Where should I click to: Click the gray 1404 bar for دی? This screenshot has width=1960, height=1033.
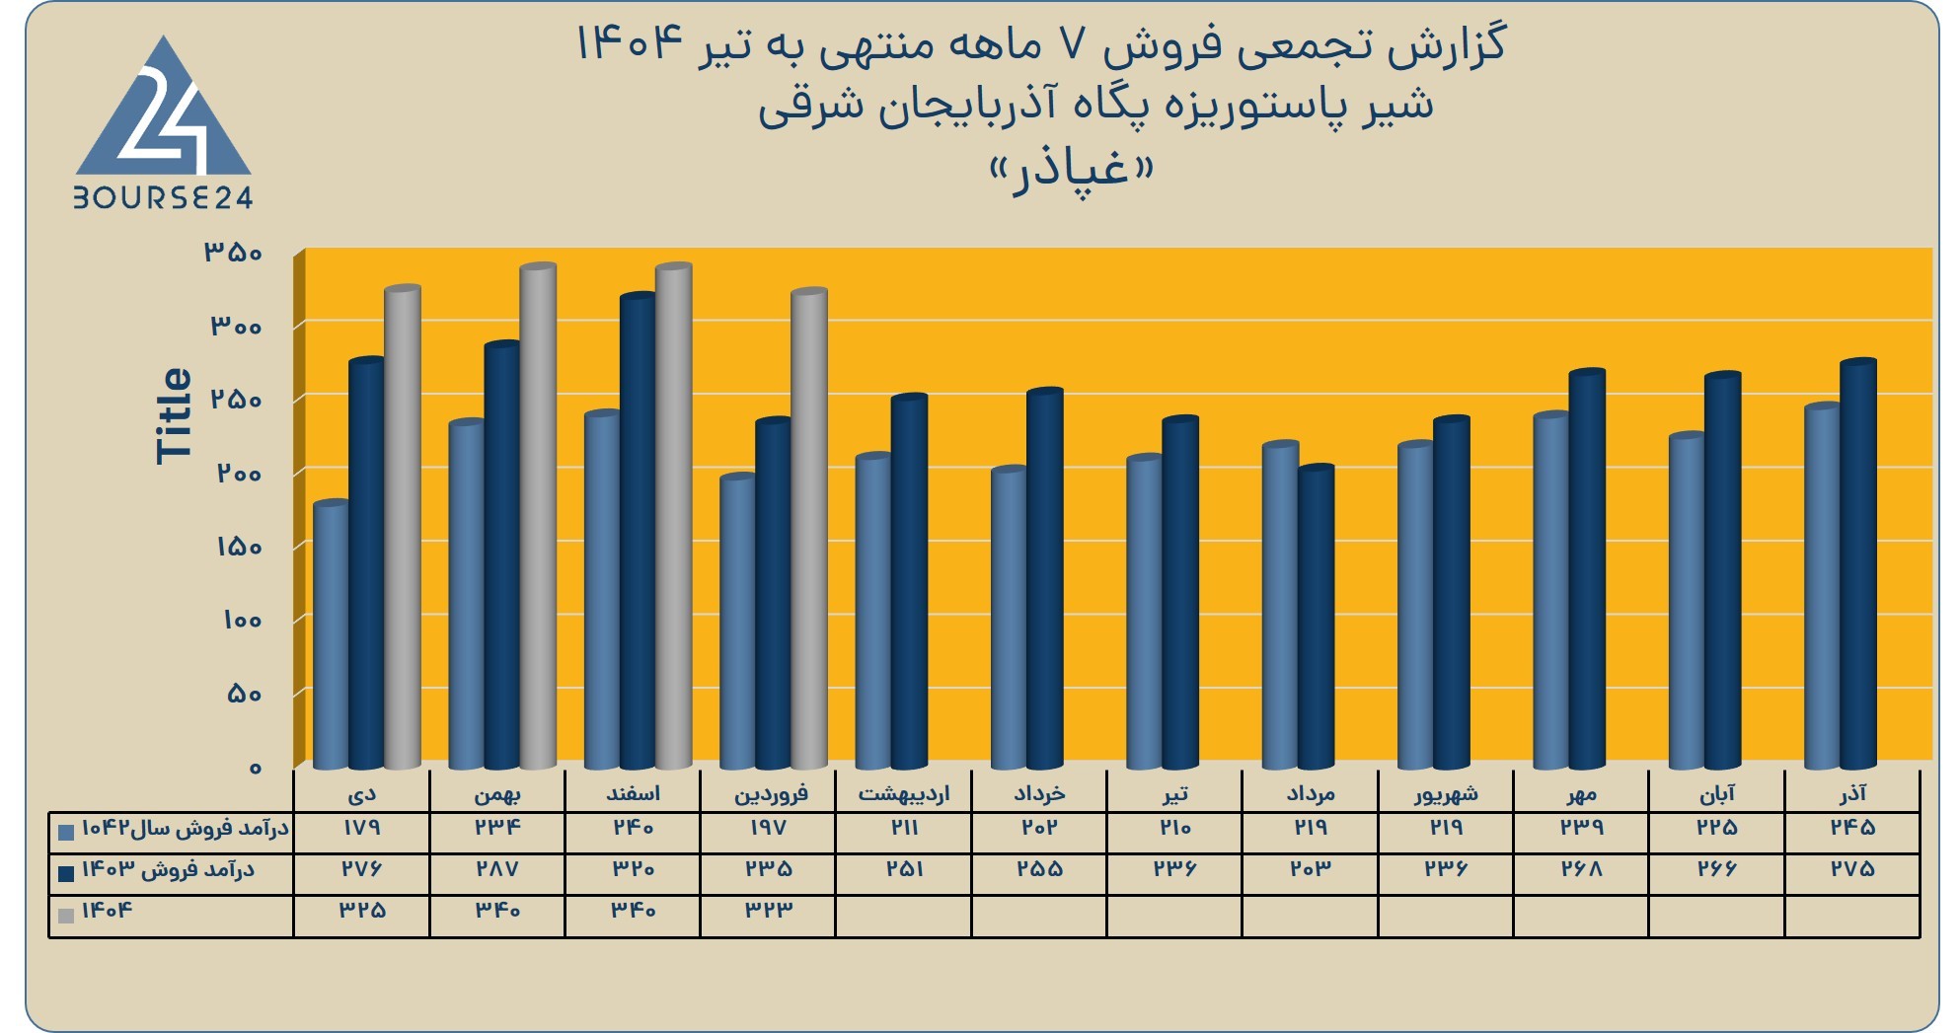(403, 528)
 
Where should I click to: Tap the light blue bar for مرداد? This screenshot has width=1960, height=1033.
(1280, 605)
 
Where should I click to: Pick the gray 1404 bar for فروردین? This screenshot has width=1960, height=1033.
(809, 529)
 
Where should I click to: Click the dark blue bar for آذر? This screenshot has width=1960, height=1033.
(1858, 564)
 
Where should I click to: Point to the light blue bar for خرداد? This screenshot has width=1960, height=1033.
(1009, 618)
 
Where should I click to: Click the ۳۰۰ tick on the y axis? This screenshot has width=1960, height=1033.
(236, 326)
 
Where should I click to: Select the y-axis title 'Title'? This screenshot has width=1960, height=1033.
(174, 415)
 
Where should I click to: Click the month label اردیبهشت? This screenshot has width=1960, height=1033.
(903, 793)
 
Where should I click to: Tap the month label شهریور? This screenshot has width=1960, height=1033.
(1446, 793)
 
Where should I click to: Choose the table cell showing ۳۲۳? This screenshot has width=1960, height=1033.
(769, 910)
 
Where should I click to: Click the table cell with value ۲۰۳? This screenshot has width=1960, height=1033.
(1310, 868)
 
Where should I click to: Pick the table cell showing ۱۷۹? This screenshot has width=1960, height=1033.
(361, 827)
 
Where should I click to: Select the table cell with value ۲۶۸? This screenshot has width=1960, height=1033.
(1581, 868)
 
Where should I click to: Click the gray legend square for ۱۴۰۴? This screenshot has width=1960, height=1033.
(66, 915)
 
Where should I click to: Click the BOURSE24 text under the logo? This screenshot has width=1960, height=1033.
(164, 197)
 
